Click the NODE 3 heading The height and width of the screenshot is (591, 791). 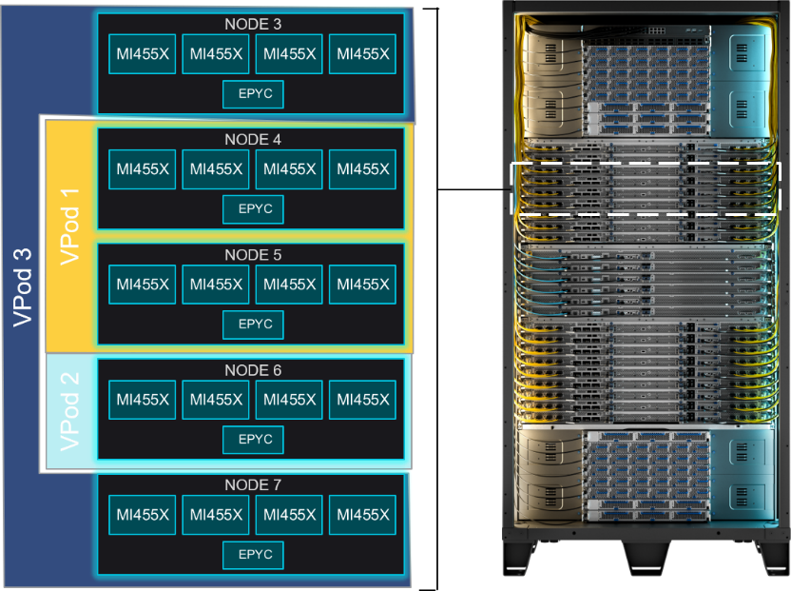(253, 24)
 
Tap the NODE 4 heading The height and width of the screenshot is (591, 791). (253, 139)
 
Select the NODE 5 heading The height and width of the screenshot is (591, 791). (253, 255)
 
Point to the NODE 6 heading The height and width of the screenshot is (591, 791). (253, 370)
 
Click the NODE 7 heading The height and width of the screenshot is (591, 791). (253, 485)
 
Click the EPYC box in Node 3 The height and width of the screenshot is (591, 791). (253, 94)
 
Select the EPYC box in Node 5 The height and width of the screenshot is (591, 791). (253, 325)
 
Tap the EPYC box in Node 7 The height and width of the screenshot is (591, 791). (253, 555)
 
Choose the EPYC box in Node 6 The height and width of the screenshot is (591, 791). (253, 440)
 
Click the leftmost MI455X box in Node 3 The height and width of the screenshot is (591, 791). (143, 54)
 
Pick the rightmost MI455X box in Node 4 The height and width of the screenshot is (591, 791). (363, 169)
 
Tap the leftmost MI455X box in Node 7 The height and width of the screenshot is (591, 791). (143, 515)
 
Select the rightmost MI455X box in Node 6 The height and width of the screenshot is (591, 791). (363, 400)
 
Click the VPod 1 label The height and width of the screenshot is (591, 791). (69, 227)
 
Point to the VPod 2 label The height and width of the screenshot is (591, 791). (69, 412)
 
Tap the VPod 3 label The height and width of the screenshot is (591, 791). (22, 287)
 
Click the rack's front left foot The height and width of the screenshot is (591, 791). (520, 560)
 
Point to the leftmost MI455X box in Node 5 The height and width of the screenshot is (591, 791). (143, 285)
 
